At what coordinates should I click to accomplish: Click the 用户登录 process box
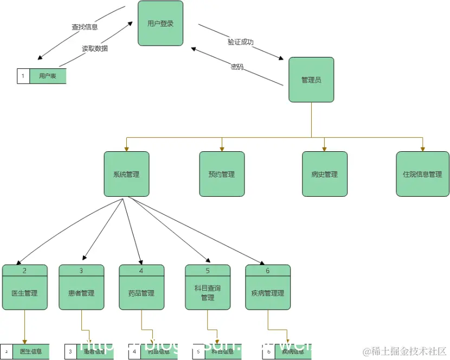point(160,23)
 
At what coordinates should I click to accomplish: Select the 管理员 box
point(311,80)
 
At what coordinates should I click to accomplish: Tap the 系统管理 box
point(126,174)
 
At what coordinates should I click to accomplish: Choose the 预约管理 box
point(222,174)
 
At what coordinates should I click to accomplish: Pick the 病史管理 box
point(324,174)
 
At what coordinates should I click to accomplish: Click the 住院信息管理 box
point(422,174)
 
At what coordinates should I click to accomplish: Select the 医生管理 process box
point(24,293)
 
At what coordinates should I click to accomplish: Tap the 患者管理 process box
point(81,293)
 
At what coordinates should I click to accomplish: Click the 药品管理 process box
point(142,293)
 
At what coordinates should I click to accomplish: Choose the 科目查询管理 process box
point(208,293)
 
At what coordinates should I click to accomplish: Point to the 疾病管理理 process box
point(268,293)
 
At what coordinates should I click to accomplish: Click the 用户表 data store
point(48,76)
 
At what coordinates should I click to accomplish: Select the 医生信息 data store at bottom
point(31,351)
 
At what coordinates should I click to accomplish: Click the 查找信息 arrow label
point(85,27)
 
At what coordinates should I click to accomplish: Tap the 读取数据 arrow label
point(94,48)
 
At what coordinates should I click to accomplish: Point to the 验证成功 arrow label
point(240,42)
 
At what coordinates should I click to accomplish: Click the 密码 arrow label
point(237,67)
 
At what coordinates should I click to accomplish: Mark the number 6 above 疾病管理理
point(267,270)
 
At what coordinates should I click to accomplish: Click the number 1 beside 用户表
point(23,76)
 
